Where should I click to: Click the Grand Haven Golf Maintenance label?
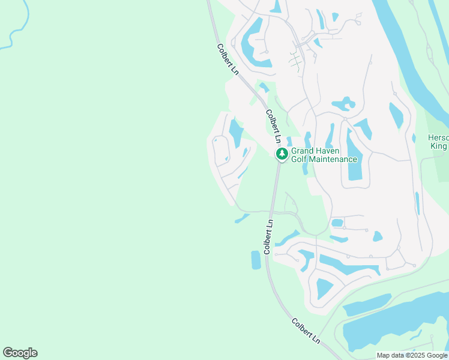(324, 155)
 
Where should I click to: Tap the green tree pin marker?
(282, 155)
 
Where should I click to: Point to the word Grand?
(304, 151)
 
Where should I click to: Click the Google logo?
(20, 353)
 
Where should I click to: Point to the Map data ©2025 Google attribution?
(412, 355)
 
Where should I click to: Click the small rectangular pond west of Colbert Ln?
(256, 260)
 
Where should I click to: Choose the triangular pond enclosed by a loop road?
(325, 288)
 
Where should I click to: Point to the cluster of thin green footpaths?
(295, 60)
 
